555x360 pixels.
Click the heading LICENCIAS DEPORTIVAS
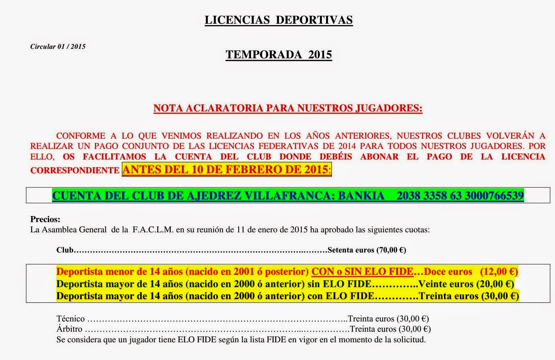[x=279, y=20]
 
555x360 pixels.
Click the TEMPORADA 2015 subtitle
[x=279, y=55]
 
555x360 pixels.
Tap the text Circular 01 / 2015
[x=58, y=47]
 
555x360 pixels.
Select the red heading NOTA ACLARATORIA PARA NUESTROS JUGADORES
[x=288, y=108]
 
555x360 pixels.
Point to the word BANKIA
[x=361, y=196]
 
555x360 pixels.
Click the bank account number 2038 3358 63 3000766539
[x=460, y=196]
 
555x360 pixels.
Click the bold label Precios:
[x=45, y=219]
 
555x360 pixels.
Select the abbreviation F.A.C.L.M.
[x=153, y=230]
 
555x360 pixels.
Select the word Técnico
[x=71, y=319]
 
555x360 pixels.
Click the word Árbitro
[x=69, y=329]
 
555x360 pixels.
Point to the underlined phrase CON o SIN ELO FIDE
[x=362, y=272]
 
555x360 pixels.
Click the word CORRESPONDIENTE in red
[x=75, y=170]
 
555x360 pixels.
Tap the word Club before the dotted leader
[x=65, y=250]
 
